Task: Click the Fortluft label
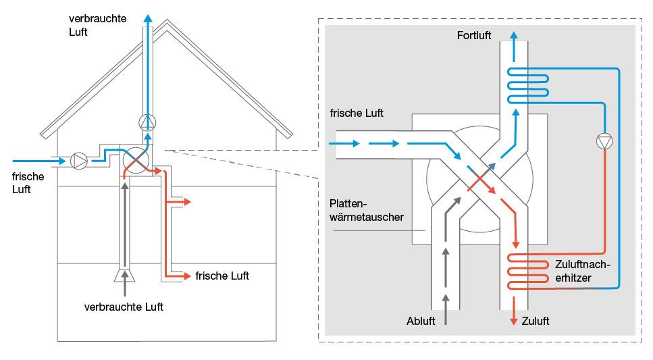474,35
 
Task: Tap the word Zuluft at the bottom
536,322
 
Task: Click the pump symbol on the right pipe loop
604,141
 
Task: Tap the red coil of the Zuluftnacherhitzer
529,273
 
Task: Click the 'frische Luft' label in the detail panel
357,113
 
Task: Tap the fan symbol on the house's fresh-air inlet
79,161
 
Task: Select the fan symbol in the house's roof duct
147,122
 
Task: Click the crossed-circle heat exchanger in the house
136,159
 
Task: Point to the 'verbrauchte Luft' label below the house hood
124,307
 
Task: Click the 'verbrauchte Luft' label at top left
97,25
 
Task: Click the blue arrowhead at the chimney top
147,17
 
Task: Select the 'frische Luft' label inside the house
222,276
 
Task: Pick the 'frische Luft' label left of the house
27,183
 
